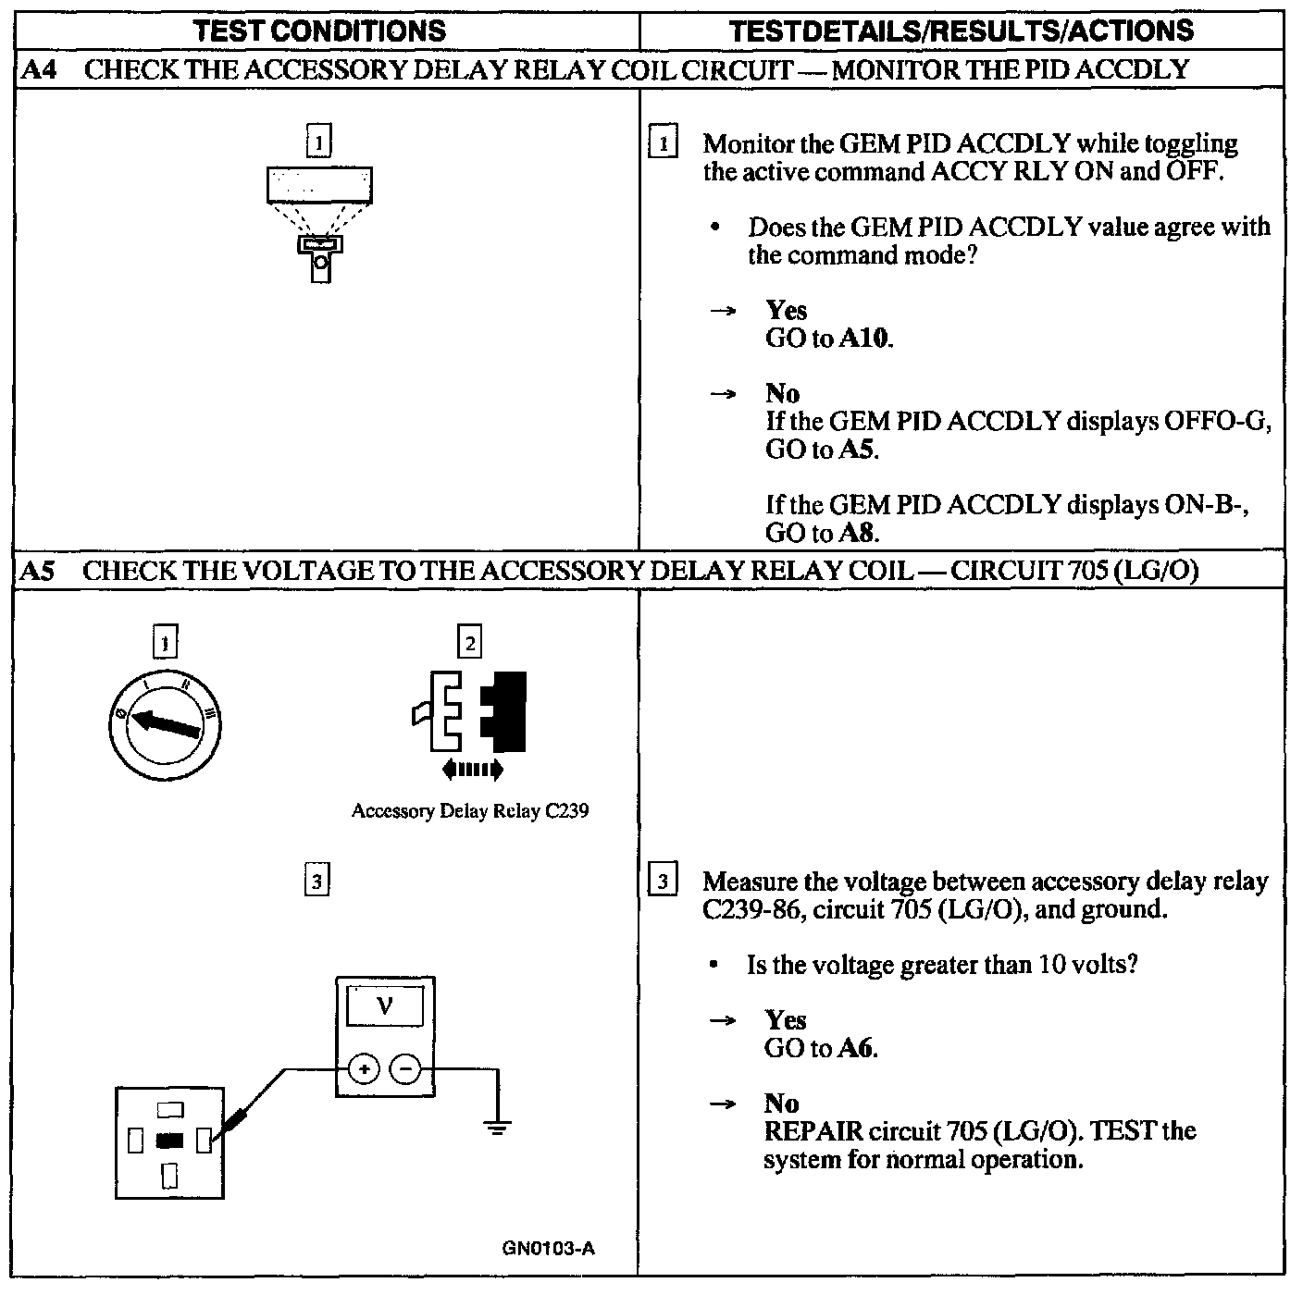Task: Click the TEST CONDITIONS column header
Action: pos(320,31)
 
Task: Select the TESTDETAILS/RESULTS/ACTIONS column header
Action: pos(962,31)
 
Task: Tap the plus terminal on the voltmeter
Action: pos(365,1070)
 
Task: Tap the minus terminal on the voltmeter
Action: pos(405,1070)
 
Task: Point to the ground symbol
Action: pos(498,1128)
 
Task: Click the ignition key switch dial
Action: pos(165,721)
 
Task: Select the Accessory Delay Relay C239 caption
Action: pos(470,811)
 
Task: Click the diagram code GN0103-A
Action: pos(549,1249)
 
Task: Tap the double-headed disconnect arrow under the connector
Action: pos(473,768)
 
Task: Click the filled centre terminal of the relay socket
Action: pos(170,1141)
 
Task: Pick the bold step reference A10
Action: pos(865,339)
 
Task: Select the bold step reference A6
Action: pos(857,1048)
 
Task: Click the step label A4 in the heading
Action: pos(37,70)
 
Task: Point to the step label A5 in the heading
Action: pos(37,571)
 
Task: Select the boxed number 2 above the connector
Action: pos(470,642)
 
